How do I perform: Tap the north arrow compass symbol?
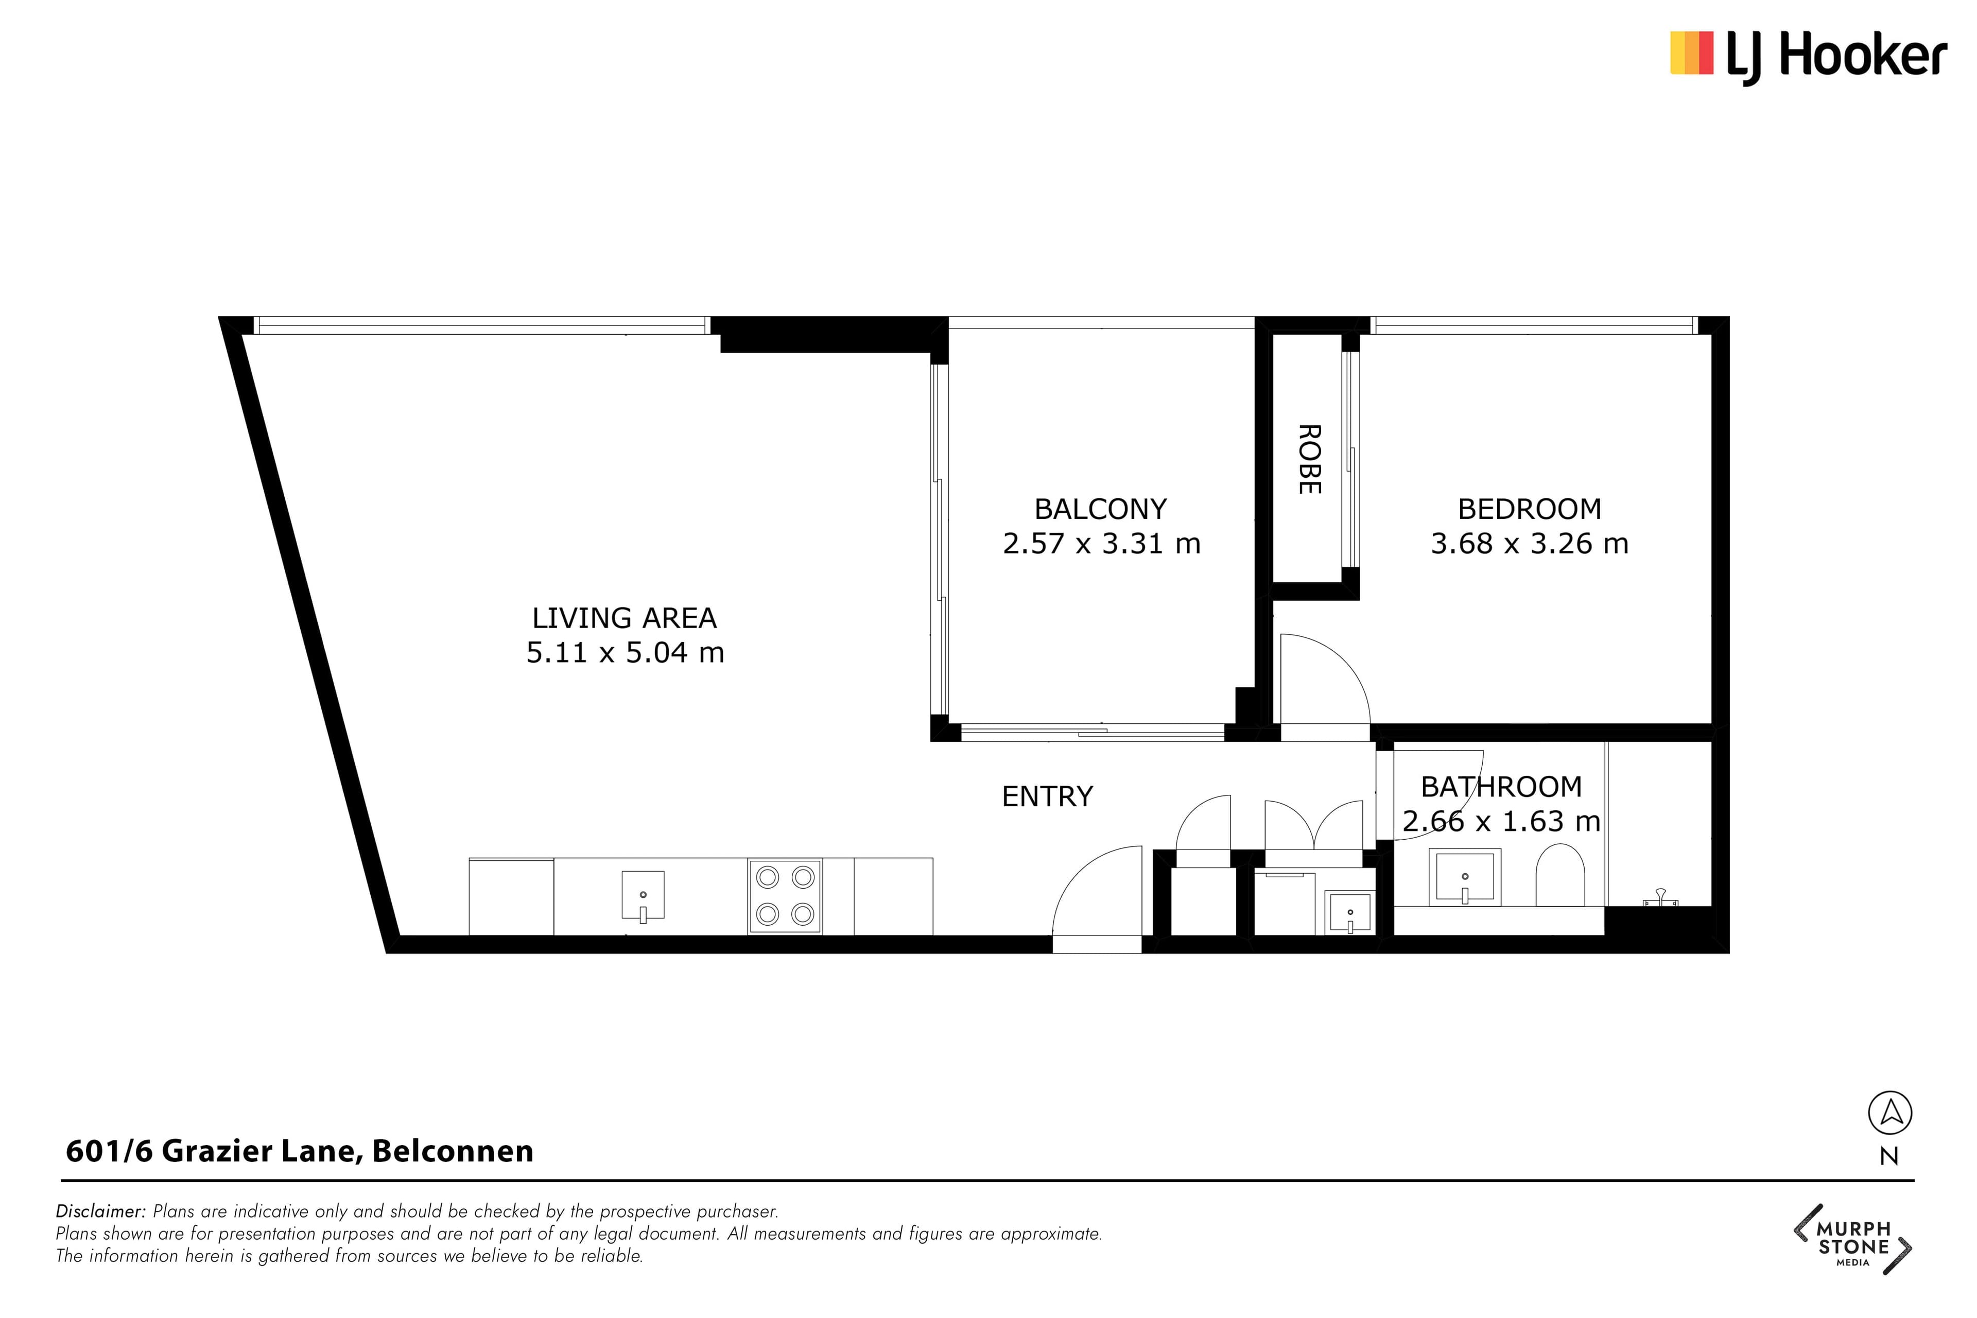pyautogui.click(x=1891, y=1113)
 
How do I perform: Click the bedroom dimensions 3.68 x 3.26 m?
pyautogui.click(x=1530, y=544)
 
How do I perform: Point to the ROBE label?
pyautogui.click(x=1309, y=459)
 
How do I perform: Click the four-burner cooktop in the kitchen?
pyautogui.click(x=785, y=896)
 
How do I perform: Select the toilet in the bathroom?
pyautogui.click(x=1560, y=876)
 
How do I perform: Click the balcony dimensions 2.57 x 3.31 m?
pyautogui.click(x=1101, y=544)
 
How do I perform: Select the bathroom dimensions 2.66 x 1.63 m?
pyautogui.click(x=1501, y=821)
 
